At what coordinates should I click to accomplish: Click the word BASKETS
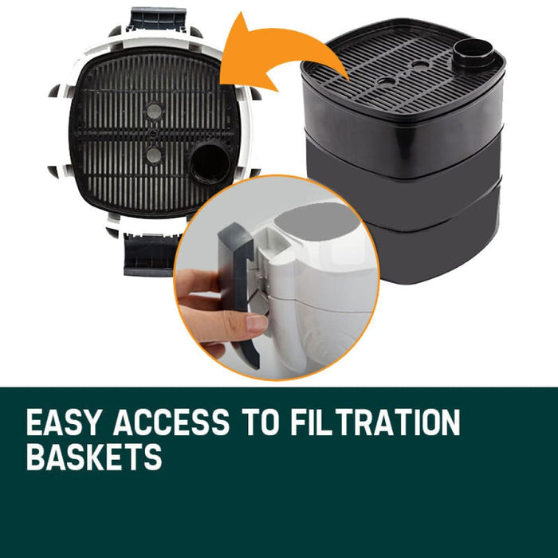94,457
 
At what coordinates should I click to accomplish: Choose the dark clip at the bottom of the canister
151,253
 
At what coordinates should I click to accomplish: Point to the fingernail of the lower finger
257,324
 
